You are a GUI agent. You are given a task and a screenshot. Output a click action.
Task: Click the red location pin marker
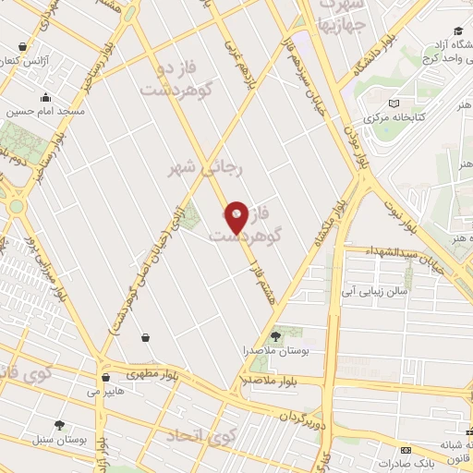coord(236,216)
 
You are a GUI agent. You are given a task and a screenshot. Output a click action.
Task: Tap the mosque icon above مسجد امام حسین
coord(45,97)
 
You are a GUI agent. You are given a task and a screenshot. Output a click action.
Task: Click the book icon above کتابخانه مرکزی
coord(395,104)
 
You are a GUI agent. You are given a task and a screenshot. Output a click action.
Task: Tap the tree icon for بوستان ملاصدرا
coord(274,335)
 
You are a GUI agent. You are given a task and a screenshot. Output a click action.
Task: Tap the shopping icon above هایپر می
coord(106,377)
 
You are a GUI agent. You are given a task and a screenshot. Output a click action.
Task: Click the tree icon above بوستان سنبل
coord(60,426)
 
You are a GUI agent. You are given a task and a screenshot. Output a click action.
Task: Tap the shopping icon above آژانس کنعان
coord(22,44)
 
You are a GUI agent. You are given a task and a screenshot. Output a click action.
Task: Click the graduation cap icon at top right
coord(458,30)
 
